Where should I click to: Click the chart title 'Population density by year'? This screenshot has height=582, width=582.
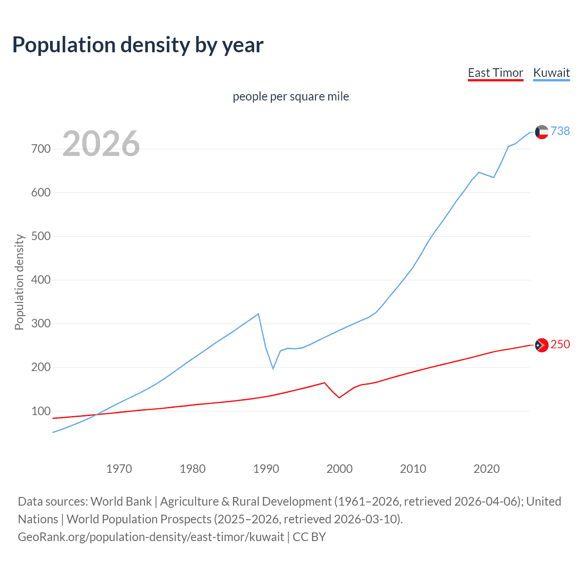pos(138,45)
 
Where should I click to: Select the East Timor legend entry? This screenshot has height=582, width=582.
pos(495,73)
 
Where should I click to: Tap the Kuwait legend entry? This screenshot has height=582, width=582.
pos(551,73)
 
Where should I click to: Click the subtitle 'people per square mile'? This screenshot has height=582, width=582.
pos(291,97)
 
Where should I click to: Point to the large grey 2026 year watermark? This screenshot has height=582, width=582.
pos(101,144)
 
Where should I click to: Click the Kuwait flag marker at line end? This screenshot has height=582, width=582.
pos(542,132)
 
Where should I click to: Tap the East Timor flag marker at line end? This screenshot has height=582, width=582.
pos(542,346)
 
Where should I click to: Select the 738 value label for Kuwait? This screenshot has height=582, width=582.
pos(560,131)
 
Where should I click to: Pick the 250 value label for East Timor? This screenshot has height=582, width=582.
pos(560,345)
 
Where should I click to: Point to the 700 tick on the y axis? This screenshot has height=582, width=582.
pos(41,149)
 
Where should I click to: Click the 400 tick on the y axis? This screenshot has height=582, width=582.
pos(41,280)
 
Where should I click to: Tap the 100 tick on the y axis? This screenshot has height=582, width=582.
pos(41,411)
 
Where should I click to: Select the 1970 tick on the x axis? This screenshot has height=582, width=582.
pos(119,469)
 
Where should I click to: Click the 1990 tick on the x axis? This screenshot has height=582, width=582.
pos(266,469)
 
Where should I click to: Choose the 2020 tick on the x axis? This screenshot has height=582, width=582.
pos(487,469)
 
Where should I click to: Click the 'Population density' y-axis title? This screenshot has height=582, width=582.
pos(19,282)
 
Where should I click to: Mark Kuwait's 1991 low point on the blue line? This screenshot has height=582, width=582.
pos(273,368)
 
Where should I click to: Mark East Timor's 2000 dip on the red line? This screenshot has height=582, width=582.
pos(339,398)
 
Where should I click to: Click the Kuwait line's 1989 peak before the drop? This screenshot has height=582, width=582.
pos(258,314)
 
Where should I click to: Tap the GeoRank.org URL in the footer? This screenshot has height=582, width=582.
pos(151,537)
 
